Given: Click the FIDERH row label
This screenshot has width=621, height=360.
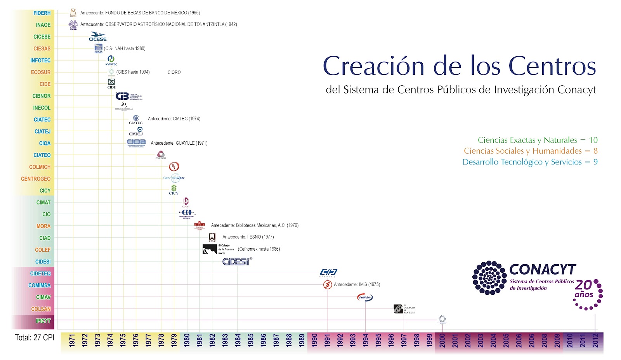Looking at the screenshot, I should pyautogui.click(x=42, y=13).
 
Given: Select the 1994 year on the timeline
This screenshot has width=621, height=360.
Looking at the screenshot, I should pyautogui.click(x=365, y=340).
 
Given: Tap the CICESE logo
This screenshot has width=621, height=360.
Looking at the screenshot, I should pyautogui.click(x=98, y=37).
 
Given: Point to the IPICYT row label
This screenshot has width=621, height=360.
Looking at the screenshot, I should pyautogui.click(x=43, y=321).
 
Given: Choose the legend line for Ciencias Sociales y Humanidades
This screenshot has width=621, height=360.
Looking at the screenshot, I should pyautogui.click(x=530, y=151).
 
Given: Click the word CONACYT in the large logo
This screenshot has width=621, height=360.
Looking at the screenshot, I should pyautogui.click(x=543, y=269).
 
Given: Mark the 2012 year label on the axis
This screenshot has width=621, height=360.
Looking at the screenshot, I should pyautogui.click(x=595, y=340).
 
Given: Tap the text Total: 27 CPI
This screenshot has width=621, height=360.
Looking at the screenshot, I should pyautogui.click(x=35, y=337).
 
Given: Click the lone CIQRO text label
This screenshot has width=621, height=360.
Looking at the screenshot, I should pyautogui.click(x=174, y=72).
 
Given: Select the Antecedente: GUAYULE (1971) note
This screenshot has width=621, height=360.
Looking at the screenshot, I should pyautogui.click(x=179, y=143).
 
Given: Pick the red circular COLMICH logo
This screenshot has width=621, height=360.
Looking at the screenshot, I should pyautogui.click(x=174, y=167).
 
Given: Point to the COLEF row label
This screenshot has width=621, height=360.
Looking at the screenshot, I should pyautogui.click(x=43, y=250).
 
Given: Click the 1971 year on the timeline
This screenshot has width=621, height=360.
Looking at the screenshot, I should pyautogui.click(x=72, y=340).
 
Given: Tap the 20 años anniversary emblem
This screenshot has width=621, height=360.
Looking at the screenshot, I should pyautogui.click(x=588, y=294).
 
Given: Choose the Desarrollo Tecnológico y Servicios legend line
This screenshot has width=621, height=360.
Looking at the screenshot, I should pyautogui.click(x=529, y=162).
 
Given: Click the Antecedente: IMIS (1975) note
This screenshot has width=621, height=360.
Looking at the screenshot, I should pyautogui.click(x=357, y=284).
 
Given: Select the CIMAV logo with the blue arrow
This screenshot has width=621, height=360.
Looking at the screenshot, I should pyautogui.click(x=365, y=298).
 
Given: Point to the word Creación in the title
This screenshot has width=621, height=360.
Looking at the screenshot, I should pyautogui.click(x=373, y=66).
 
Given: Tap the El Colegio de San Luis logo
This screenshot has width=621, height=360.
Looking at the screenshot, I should pyautogui.click(x=404, y=309).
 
